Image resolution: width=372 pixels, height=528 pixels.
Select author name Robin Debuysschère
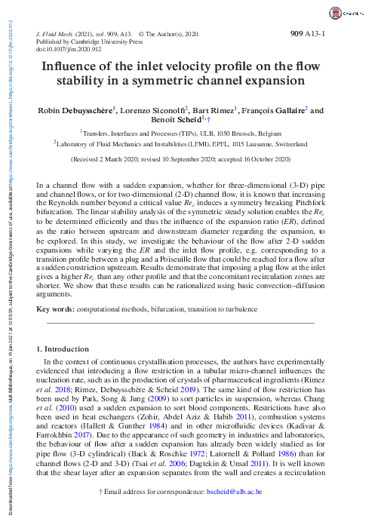pyautogui.click(x=75, y=110)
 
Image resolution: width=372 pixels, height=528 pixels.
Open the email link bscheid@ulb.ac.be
pyautogui.click(x=235, y=511)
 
